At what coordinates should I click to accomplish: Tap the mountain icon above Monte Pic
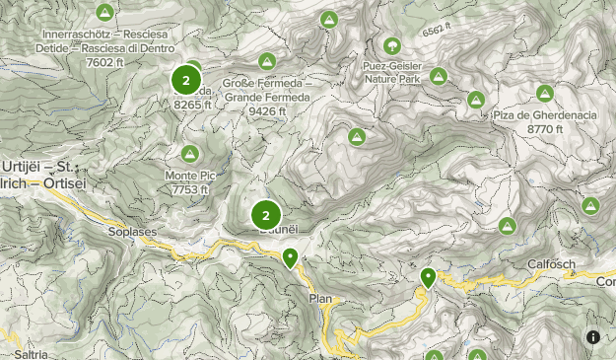click(x=189, y=154)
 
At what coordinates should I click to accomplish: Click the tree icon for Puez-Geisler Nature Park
click(x=392, y=45)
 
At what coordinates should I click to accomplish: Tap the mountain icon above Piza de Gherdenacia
click(x=544, y=94)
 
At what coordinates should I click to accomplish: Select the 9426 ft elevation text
click(x=267, y=111)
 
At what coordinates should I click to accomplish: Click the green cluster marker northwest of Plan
click(x=265, y=214)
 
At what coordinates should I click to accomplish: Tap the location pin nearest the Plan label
click(x=290, y=258)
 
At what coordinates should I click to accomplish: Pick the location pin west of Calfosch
click(x=428, y=278)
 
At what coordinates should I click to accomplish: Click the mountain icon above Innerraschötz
click(x=104, y=13)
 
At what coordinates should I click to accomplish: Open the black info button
click(x=593, y=337)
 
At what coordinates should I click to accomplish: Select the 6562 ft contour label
click(x=436, y=31)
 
